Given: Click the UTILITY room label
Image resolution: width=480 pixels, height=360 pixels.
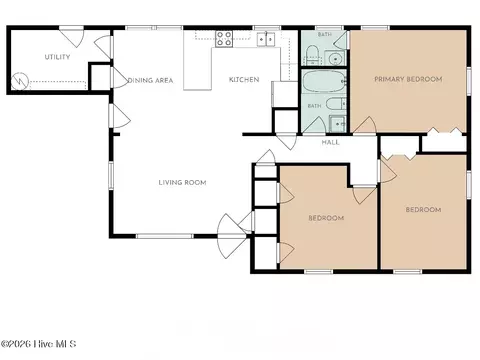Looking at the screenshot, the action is click(57, 57).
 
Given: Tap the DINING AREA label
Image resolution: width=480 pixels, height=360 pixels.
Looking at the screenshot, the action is click(150, 80).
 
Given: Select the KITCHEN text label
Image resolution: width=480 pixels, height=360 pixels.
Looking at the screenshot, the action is click(244, 80).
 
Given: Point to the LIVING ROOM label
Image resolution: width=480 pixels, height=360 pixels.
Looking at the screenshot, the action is click(182, 182).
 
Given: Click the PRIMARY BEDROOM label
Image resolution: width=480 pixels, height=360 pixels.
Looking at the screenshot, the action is click(408, 79).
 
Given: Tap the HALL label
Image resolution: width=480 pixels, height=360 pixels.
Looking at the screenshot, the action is click(331, 142).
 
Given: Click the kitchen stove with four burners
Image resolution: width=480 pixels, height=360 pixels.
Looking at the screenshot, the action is click(224, 39).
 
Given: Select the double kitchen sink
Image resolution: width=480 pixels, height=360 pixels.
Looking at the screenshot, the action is click(266, 39).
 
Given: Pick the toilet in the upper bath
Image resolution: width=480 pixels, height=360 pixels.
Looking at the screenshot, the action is click(313, 55).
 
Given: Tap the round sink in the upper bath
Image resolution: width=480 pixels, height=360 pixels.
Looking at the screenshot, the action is click(334, 59).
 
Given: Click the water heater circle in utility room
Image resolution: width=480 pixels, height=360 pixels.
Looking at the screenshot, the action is click(20, 81).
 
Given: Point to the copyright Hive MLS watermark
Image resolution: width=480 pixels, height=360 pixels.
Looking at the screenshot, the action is click(39, 344).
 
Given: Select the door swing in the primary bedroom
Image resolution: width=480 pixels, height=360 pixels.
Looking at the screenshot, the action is click(365, 125).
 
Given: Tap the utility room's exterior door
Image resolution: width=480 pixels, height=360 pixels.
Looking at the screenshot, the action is click(71, 37).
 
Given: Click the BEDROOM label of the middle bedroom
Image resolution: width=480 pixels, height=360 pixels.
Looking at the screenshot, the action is click(326, 218).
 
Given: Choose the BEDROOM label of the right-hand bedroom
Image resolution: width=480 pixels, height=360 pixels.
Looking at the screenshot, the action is click(423, 210).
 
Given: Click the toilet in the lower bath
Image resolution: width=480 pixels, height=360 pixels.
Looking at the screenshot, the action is click(336, 103).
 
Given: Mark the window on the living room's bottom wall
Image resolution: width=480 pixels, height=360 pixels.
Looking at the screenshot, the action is click(165, 236).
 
